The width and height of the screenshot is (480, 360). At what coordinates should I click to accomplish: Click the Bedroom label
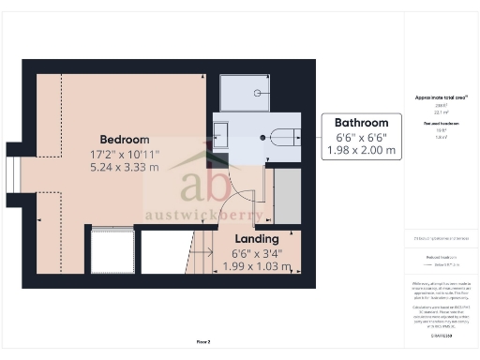[x=119, y=139]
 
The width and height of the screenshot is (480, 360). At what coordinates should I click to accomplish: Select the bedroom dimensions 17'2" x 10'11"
[x=125, y=154]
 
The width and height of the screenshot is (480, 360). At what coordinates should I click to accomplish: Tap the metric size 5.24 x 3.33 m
[x=125, y=168]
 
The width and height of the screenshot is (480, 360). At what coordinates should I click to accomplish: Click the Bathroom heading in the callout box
[x=362, y=123]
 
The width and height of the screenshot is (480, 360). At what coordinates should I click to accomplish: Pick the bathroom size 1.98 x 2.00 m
[x=362, y=150]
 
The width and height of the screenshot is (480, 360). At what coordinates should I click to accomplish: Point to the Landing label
[x=257, y=239]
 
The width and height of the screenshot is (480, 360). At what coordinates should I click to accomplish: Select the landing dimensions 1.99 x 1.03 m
[x=257, y=267]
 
